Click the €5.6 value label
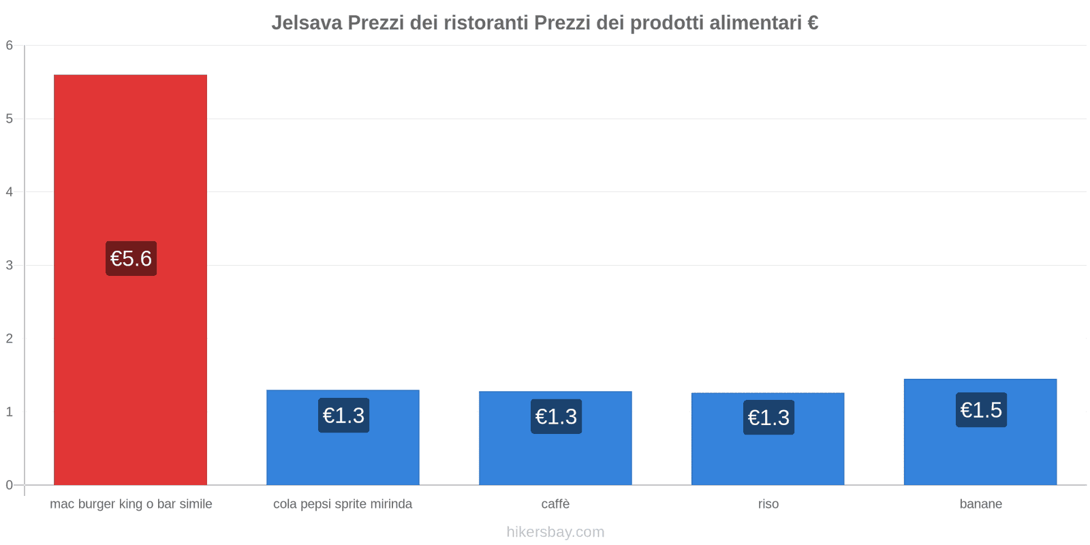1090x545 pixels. [x=131, y=259]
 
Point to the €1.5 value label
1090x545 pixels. [x=981, y=410]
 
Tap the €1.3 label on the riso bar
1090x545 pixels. [x=768, y=418]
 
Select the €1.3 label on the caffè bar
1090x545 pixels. [x=556, y=416]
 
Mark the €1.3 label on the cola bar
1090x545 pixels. [x=343, y=416]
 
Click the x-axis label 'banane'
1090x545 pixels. [x=980, y=504]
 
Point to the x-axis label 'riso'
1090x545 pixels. [x=768, y=504]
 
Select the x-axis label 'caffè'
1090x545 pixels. [x=555, y=504]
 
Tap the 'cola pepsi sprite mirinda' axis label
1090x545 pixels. [x=343, y=504]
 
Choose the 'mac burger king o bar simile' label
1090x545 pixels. [x=131, y=504]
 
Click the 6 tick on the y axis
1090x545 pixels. [x=10, y=46]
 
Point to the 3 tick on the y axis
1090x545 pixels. [x=10, y=265]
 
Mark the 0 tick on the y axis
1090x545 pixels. [x=10, y=485]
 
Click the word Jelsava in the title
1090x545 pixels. [x=307, y=23]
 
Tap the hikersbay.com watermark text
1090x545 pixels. [x=555, y=532]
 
